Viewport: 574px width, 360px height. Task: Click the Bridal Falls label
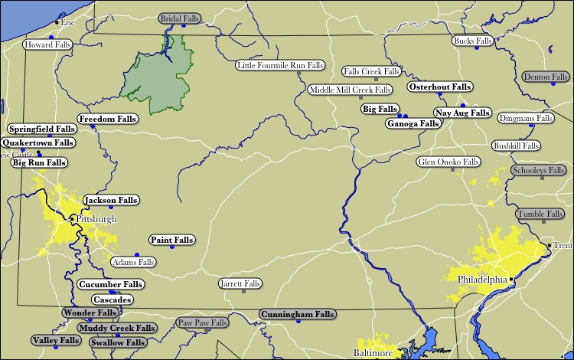click(179, 18)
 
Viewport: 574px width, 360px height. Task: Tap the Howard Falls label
click(47, 45)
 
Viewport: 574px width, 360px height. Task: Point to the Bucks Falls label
click(472, 41)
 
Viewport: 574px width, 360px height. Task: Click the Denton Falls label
click(546, 77)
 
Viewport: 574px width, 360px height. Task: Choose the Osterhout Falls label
click(439, 87)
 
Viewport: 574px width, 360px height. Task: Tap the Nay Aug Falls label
click(461, 113)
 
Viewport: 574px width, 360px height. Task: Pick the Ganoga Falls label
click(413, 123)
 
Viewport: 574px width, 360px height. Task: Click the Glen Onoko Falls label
click(448, 162)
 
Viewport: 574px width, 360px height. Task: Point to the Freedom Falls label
click(108, 119)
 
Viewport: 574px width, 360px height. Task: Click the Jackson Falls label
click(111, 200)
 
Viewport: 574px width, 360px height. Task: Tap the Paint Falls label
click(171, 240)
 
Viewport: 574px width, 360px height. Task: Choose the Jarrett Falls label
click(240, 283)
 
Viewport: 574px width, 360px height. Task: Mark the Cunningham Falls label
click(297, 314)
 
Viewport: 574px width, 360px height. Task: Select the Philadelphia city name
click(482, 280)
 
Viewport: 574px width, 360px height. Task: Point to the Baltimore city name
click(373, 353)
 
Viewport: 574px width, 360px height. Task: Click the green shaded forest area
click(164, 77)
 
